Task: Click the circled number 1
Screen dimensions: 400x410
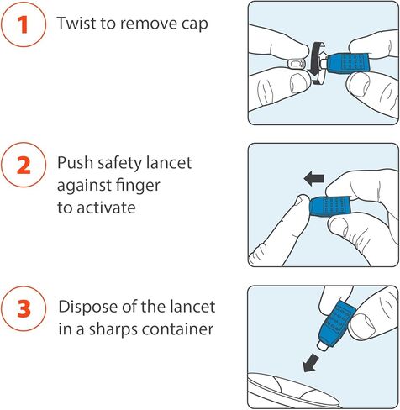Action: pos(24,24)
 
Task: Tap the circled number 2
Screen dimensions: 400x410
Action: pos(24,166)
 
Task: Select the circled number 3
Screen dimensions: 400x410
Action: pos(24,308)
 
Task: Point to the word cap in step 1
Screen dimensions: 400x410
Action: pos(195,24)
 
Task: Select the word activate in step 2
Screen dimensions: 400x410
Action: pos(106,208)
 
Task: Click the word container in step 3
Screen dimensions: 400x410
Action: pos(178,329)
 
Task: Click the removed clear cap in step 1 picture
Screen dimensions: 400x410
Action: pos(296,65)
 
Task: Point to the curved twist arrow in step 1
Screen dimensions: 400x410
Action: pos(316,63)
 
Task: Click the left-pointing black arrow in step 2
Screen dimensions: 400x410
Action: pos(314,179)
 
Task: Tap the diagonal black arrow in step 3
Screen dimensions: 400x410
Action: pos(311,363)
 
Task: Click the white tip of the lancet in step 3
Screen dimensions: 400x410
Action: pos(323,344)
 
